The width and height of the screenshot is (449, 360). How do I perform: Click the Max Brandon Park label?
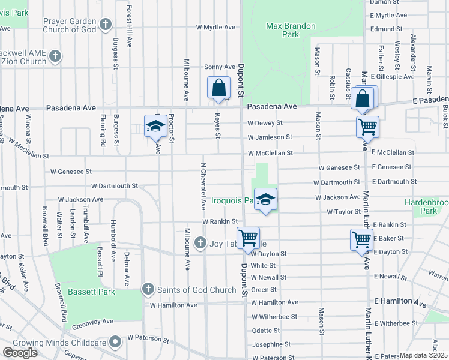tap(282, 30)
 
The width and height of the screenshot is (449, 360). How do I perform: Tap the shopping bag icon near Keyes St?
tap(218, 88)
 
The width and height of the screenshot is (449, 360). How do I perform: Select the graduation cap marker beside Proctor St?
tap(155, 127)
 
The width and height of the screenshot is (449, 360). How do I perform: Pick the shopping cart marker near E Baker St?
tap(361, 239)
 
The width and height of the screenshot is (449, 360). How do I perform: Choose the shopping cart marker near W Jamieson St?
tap(367, 127)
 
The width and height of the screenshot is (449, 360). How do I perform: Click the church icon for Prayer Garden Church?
tap(106, 25)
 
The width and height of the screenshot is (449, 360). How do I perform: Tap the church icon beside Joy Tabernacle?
tap(201, 244)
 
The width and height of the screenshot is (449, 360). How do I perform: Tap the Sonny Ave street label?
tap(220, 67)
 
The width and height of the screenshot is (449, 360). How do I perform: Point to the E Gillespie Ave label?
tap(393, 77)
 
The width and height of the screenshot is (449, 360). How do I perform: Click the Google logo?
tap(20, 353)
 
